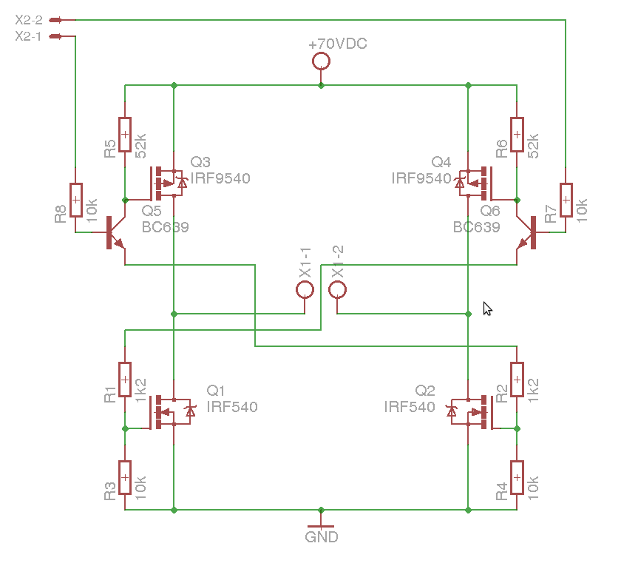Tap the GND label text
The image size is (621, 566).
coord(321,537)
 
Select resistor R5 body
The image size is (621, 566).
coord(125,135)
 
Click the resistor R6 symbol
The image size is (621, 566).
coord(517,135)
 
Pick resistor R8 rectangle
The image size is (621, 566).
coord(75,200)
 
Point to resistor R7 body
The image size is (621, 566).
coord(566,200)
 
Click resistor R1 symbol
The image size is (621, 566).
coord(125,380)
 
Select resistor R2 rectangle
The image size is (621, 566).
coord(517,380)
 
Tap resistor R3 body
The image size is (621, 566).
coord(125,477)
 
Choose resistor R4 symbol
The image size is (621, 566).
coord(517,477)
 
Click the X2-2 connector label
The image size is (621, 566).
coord(29,20)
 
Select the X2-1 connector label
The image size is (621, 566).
coord(28,36)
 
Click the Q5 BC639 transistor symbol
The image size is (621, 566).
coord(115,232)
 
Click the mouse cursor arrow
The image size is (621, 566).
coord(487,309)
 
